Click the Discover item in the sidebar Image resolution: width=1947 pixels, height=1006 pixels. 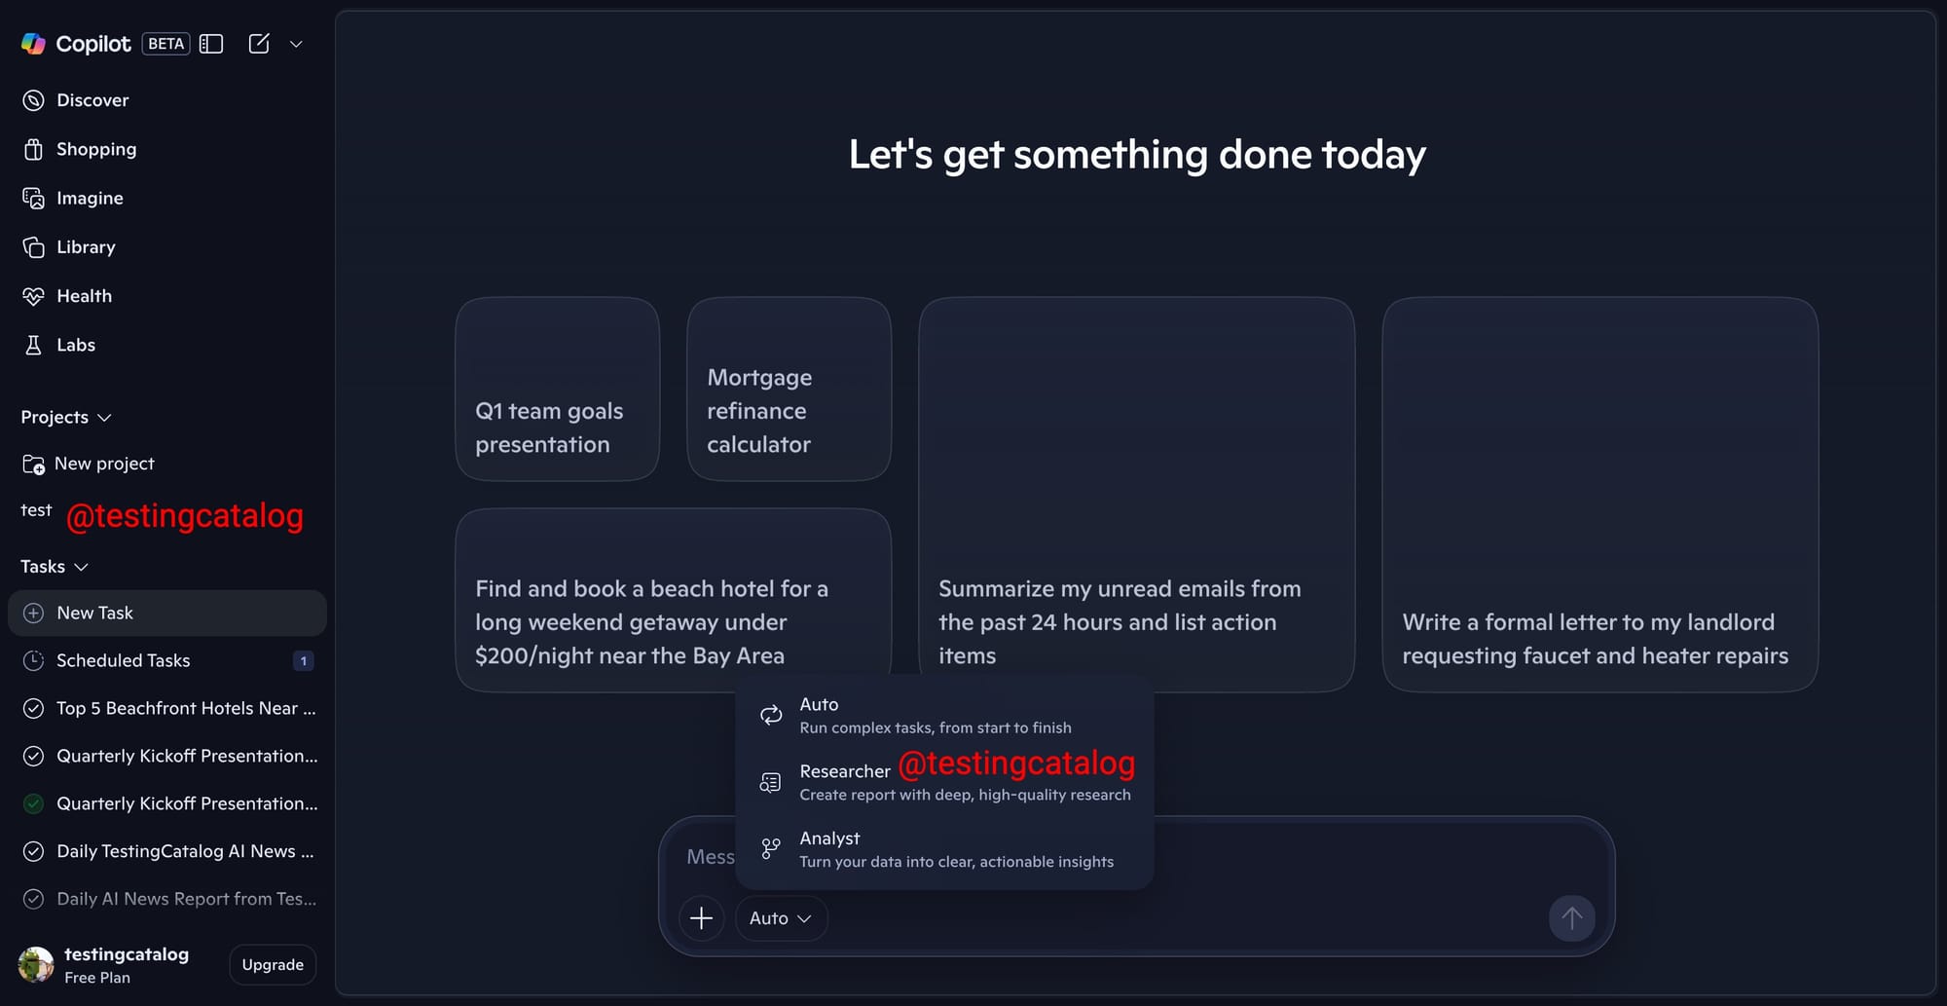coord(76,100)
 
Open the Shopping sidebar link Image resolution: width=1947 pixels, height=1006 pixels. coord(80,149)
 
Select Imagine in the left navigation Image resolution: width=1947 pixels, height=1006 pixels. coord(73,198)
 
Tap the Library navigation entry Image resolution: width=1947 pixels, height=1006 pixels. coord(69,247)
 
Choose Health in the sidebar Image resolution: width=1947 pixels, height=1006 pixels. coord(67,296)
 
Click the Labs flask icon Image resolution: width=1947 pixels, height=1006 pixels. coord(33,345)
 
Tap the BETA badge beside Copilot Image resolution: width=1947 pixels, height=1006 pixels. coord(166,44)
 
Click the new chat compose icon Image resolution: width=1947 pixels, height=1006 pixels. coord(259,44)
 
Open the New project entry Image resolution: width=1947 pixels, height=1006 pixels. coord(89,464)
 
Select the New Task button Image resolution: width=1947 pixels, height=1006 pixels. coord(167,613)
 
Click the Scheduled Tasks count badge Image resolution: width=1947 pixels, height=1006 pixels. coord(304,660)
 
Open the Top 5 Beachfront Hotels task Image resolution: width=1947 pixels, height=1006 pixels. coord(169,708)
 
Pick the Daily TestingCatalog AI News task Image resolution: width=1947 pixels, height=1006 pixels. coord(169,851)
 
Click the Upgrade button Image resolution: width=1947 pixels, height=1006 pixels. coord(273,964)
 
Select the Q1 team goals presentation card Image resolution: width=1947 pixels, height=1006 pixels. coord(558,389)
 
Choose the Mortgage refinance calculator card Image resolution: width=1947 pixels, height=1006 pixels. coord(790,389)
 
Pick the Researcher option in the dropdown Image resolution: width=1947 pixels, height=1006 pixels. coord(944,782)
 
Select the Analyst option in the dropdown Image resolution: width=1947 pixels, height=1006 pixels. coord(944,849)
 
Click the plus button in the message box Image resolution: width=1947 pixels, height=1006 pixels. coord(701,918)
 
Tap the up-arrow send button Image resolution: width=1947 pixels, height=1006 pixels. coord(1572,918)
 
